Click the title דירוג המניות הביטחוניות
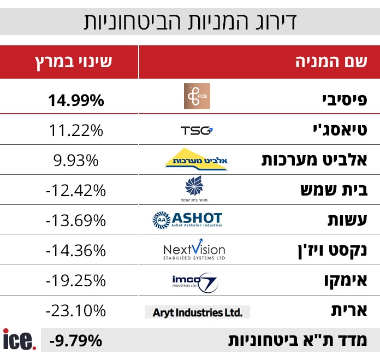189,22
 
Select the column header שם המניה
330,61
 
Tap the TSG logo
197,130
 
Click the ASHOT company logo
187,220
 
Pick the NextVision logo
194,250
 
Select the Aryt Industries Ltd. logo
197,312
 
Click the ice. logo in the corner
20,340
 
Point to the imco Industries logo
194,281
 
